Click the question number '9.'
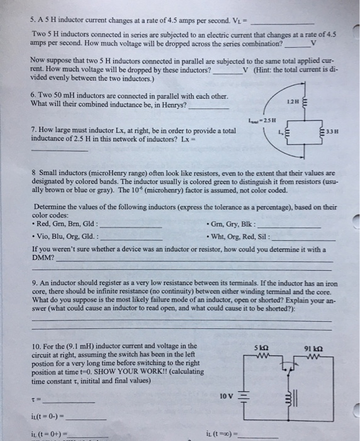tap(35, 283)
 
